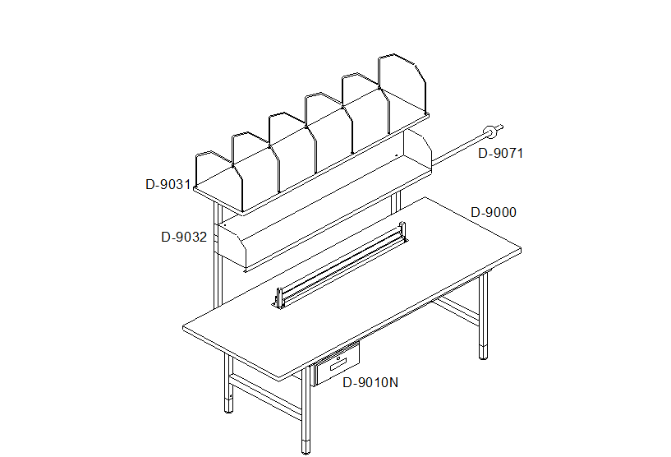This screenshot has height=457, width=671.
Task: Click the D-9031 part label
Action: [168, 185]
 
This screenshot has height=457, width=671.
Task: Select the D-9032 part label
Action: [184, 238]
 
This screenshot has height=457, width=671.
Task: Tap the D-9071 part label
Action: [500, 154]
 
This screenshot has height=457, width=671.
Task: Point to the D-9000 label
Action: [494, 212]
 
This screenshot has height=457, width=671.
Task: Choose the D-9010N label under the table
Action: [370, 382]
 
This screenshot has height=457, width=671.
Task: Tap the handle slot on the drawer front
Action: [338, 364]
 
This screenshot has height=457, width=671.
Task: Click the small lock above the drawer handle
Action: [338, 358]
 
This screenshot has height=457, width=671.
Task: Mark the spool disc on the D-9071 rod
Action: [490, 132]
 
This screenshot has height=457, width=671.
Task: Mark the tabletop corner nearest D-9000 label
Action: [521, 248]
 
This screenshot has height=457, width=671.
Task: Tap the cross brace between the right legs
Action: [455, 310]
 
